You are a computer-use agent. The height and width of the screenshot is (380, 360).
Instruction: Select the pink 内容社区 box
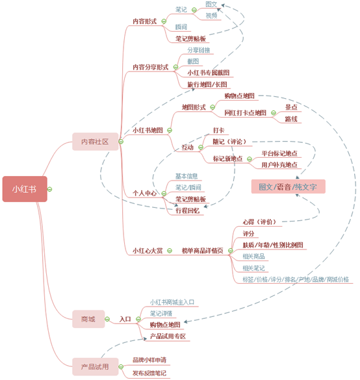[x=95, y=142]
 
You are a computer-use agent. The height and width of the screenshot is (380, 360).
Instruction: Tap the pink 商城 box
[x=88, y=319]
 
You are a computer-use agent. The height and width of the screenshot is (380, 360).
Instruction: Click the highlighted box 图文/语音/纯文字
[x=288, y=187]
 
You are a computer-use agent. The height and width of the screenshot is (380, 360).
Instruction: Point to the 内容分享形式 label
[x=150, y=67]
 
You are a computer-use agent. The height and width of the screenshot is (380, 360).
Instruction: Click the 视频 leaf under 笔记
[x=212, y=15]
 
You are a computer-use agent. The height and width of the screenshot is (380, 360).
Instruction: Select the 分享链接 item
[x=199, y=50]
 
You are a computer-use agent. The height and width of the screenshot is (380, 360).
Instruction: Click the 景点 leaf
[x=292, y=107]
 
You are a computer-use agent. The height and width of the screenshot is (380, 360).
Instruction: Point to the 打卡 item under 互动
[x=219, y=131]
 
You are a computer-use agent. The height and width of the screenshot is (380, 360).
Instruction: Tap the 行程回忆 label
[x=188, y=210]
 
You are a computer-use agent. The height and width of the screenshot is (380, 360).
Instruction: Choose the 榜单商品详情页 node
[x=202, y=250]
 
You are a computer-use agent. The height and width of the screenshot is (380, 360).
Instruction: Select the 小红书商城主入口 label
[x=172, y=302]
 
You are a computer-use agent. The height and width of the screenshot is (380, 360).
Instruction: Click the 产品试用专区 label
[x=168, y=336]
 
